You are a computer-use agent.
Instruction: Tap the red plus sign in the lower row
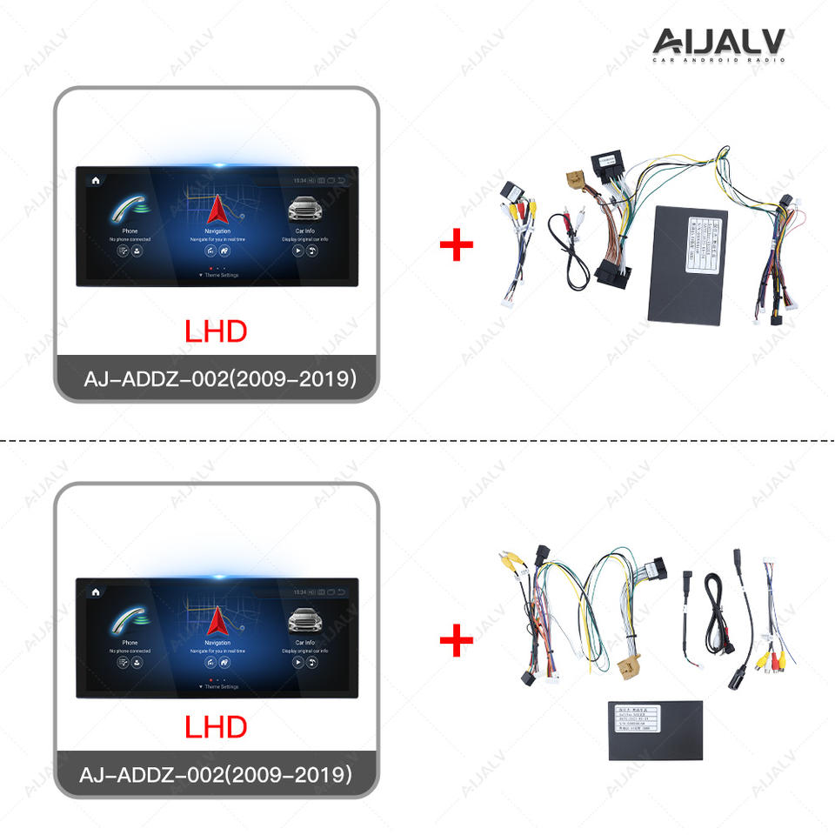457,643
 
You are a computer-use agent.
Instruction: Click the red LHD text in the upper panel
216,331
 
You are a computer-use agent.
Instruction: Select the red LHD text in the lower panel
216,727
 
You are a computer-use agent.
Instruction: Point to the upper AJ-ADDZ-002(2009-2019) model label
217,379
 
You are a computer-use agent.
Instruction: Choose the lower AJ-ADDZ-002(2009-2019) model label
217,774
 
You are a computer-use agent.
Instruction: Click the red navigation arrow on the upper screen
217,208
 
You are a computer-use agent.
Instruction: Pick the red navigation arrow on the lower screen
217,620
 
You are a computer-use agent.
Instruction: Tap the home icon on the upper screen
95,180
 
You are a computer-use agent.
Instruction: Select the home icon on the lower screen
95,592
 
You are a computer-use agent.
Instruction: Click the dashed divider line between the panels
417,441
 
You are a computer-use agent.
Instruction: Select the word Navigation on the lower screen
217,643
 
